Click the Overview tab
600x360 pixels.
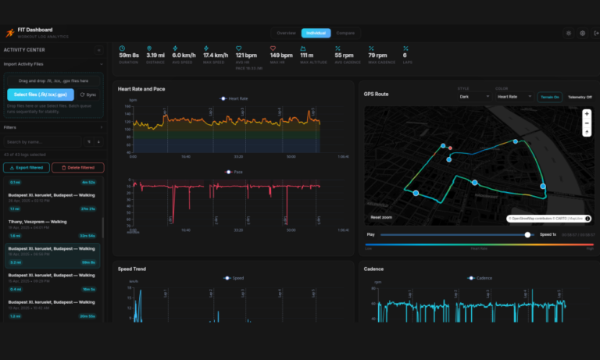click(x=286, y=33)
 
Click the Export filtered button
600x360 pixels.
click(x=27, y=168)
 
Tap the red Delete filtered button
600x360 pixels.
click(x=77, y=168)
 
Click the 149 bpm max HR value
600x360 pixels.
click(x=280, y=55)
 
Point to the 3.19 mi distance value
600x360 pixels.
click(x=155, y=55)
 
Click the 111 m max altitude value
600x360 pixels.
click(x=307, y=55)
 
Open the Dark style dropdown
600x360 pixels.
click(x=475, y=97)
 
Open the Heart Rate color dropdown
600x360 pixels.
click(x=513, y=97)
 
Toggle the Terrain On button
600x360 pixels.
click(x=549, y=97)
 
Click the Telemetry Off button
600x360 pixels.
click(x=580, y=97)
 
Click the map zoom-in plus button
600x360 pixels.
click(x=587, y=113)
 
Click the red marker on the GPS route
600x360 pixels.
click(x=450, y=148)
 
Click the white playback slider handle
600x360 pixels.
click(x=527, y=234)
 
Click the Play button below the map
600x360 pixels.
click(x=370, y=234)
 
